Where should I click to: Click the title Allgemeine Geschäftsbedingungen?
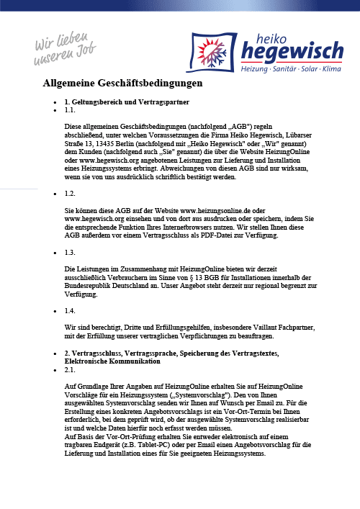coord(123,84)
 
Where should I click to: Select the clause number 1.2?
coord(70,194)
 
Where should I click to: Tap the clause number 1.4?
coord(70,310)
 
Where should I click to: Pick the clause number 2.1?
coord(70,369)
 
